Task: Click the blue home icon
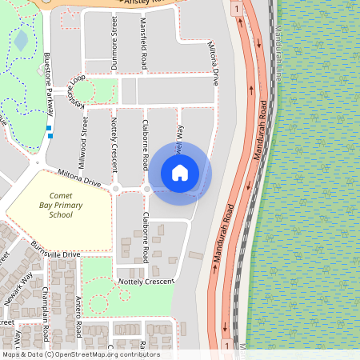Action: click(180, 172)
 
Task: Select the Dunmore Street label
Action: click(114, 48)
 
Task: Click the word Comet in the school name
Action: click(61, 194)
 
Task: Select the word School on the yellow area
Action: click(61, 215)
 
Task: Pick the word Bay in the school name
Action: click(46, 205)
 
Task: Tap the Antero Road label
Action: click(79, 314)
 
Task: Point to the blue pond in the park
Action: click(21, 40)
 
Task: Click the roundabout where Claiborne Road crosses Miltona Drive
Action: click(146, 189)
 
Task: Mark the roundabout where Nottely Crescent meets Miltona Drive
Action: click(116, 189)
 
